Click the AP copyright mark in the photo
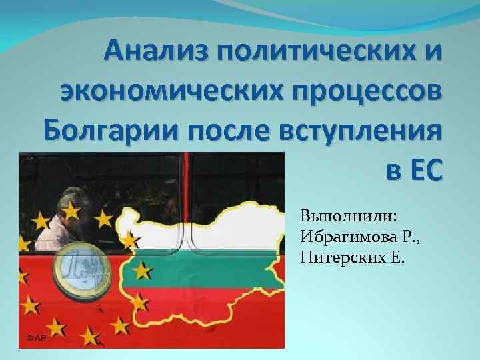(36, 339)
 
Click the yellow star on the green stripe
(141, 271)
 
